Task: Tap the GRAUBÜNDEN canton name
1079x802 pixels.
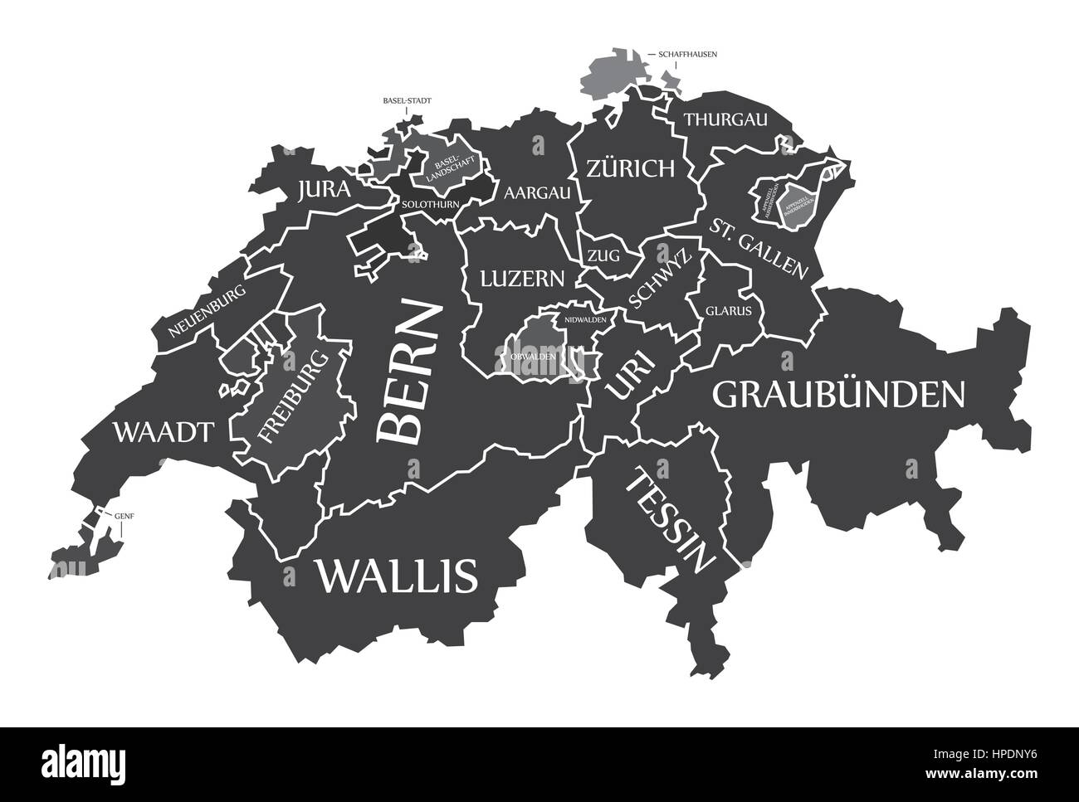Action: coord(839,395)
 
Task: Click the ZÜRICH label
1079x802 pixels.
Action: coord(630,169)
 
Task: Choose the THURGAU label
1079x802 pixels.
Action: coord(725,119)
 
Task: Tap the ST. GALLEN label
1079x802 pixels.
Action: coord(759,246)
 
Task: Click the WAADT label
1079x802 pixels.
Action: coord(164,431)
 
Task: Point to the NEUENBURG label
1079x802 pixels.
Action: coord(207,312)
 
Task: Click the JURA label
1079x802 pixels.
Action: coord(323,191)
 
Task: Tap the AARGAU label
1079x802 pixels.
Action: coord(538,193)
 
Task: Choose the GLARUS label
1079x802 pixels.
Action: coord(729,312)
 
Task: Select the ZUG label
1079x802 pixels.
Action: coord(603,256)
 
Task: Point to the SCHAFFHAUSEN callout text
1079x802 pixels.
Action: coord(687,54)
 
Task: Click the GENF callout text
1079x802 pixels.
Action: coord(124,515)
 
